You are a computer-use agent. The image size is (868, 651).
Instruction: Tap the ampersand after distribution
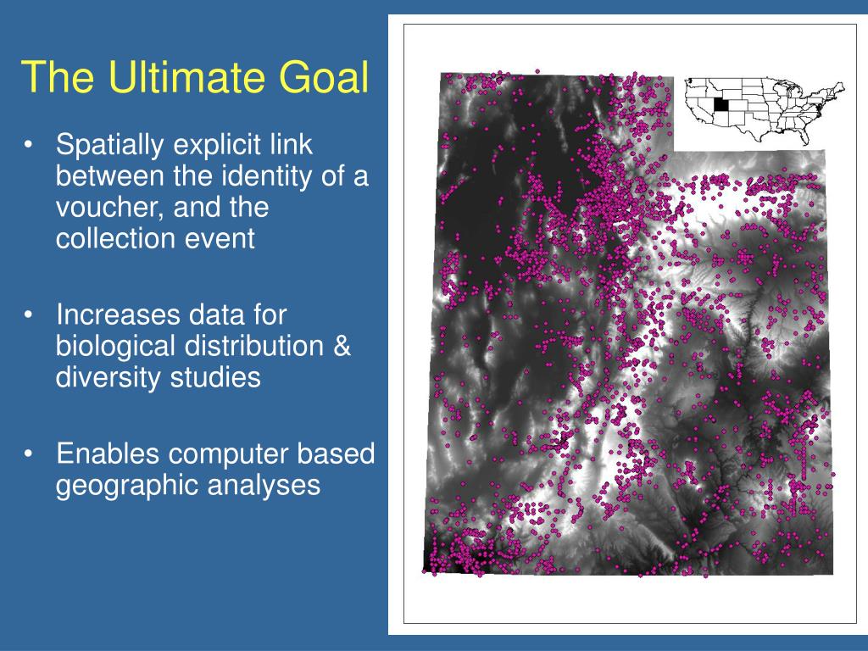[x=342, y=346]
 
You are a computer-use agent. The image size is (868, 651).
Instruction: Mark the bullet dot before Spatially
[x=28, y=145]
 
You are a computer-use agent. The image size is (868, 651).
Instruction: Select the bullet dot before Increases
[x=28, y=315]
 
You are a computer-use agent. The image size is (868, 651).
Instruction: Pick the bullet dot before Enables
[x=28, y=454]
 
